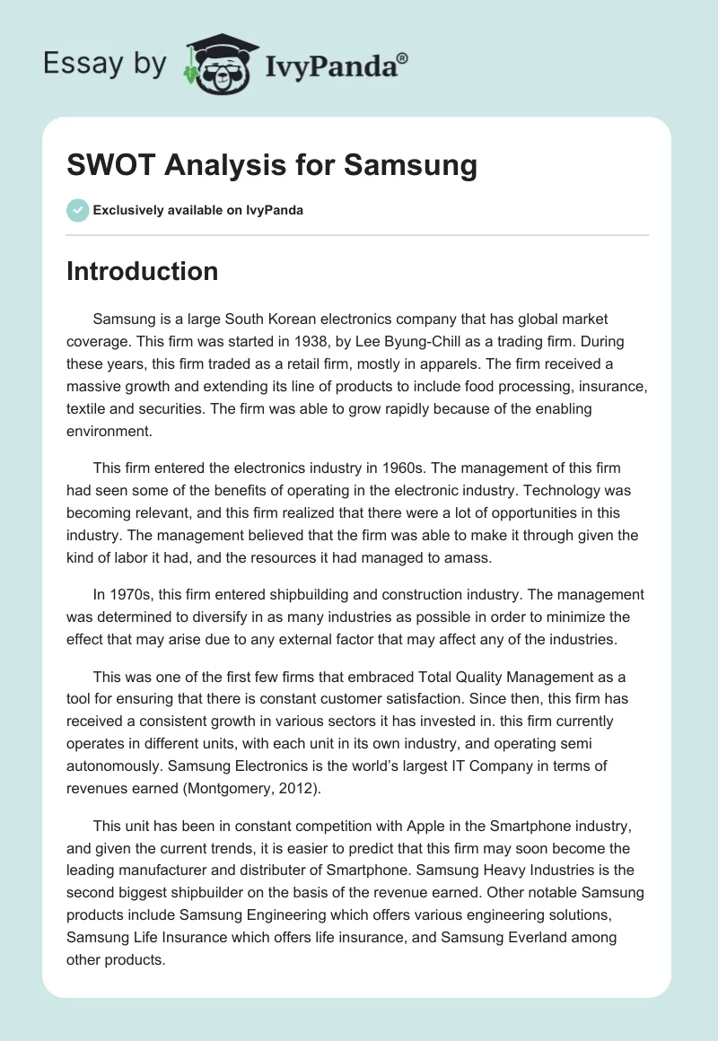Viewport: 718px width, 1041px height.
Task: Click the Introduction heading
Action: (142, 271)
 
